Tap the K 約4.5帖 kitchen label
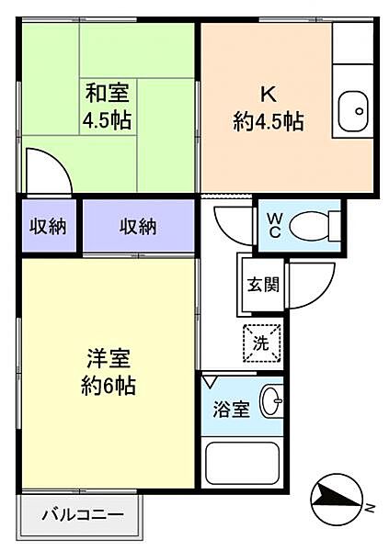point(269,107)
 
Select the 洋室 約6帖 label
point(109,373)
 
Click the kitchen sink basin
point(352,113)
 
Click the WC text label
point(275,225)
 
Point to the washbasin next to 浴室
point(270,402)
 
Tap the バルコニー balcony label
point(83,515)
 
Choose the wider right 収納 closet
point(139,227)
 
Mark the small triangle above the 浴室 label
point(212,379)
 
